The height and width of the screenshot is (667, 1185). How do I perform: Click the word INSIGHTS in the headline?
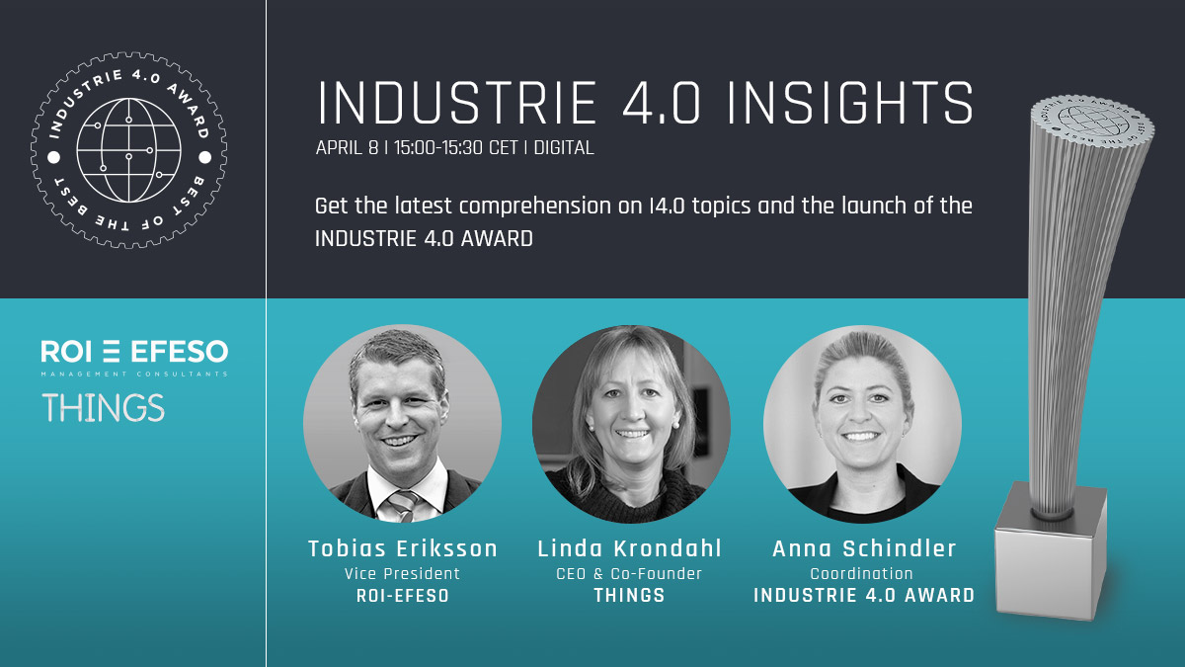850,103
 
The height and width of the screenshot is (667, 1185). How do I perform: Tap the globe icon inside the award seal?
128,150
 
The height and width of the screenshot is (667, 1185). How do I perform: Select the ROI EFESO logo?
134,358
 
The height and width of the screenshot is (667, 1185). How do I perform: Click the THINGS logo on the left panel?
103,407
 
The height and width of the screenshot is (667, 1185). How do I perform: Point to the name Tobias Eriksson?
403,548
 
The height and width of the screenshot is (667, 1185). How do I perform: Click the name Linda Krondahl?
630,548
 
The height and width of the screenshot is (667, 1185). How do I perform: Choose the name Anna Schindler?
864,548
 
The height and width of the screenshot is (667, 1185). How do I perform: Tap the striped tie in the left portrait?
403,505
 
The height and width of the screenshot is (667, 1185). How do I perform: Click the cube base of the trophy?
1051,550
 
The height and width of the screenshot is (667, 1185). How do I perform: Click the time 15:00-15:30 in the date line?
438,147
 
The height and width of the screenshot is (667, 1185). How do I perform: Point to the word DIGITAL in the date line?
564,147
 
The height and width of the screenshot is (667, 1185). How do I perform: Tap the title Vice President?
402,574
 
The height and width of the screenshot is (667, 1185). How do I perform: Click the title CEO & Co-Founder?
629,574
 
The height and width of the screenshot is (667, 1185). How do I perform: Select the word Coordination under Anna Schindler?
862,574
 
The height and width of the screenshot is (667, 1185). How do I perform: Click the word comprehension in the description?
535,207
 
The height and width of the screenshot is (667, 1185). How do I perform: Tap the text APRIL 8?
347,147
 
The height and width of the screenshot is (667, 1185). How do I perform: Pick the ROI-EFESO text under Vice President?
403,596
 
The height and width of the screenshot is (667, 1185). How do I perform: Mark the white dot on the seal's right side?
204,157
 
